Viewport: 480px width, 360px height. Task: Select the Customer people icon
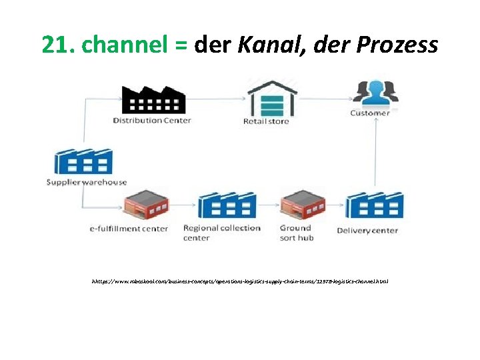coord(375,93)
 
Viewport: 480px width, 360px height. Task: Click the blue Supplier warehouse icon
coord(83,161)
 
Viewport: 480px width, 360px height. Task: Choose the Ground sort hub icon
coord(303,204)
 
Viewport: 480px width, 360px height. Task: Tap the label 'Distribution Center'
coord(152,121)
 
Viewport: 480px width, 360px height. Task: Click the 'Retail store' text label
coord(266,121)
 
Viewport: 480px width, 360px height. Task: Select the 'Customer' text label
coord(370,113)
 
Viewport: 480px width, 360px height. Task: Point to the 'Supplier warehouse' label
coord(87,182)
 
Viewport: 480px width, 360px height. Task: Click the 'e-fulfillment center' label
coord(129,229)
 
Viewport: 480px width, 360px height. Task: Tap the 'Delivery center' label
coord(367,231)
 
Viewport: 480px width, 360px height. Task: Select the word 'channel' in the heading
coord(127,45)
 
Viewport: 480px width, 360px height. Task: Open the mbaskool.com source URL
coord(240,281)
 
